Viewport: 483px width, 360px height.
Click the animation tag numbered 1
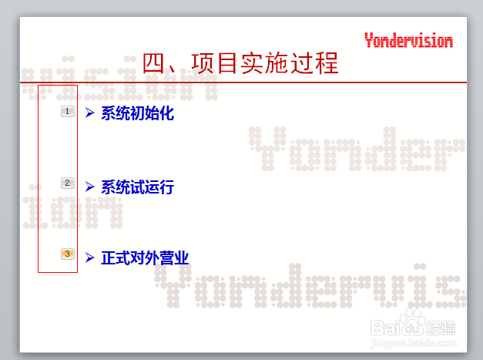(x=68, y=112)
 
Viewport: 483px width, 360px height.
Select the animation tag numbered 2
(x=68, y=183)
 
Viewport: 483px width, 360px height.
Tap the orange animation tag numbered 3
(x=68, y=254)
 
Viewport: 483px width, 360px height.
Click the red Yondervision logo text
(x=408, y=41)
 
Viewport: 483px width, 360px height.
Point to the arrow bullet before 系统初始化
(x=89, y=113)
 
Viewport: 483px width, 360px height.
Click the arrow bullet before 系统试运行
(x=89, y=187)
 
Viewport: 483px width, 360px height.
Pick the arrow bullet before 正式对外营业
(x=89, y=257)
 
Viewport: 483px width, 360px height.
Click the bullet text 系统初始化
(x=137, y=114)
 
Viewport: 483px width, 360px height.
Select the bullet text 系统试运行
(x=137, y=187)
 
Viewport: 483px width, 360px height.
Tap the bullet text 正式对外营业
(x=145, y=257)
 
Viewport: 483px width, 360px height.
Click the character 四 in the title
(x=156, y=63)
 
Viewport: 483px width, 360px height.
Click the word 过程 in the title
(x=315, y=63)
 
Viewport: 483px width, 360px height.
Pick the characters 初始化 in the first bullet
(x=152, y=114)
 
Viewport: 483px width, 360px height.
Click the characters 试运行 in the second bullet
(x=152, y=187)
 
